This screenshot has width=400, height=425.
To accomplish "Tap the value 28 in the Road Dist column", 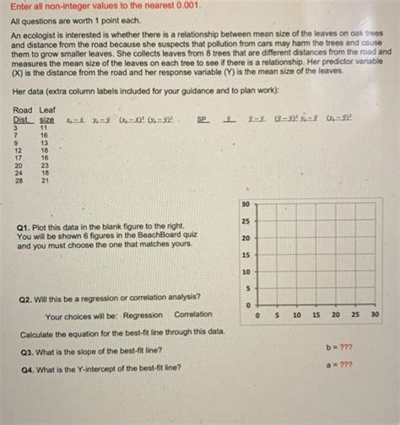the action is pyautogui.click(x=18, y=180).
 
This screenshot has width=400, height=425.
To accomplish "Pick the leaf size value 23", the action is pyautogui.click(x=45, y=165).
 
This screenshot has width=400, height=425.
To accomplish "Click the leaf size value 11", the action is pyautogui.click(x=45, y=127).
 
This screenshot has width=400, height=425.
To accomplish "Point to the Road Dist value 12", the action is pyautogui.click(x=18, y=150).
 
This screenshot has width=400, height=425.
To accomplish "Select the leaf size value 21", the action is pyautogui.click(x=45, y=180).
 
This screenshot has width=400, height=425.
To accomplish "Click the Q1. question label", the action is pyautogui.click(x=24, y=227).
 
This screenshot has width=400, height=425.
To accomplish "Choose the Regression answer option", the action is pyautogui.click(x=143, y=316).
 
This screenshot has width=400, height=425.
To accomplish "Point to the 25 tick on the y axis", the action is pyautogui.click(x=245, y=221).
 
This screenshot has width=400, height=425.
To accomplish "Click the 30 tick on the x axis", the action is pyautogui.click(x=374, y=315).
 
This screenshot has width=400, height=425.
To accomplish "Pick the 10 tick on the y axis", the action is pyautogui.click(x=245, y=272).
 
